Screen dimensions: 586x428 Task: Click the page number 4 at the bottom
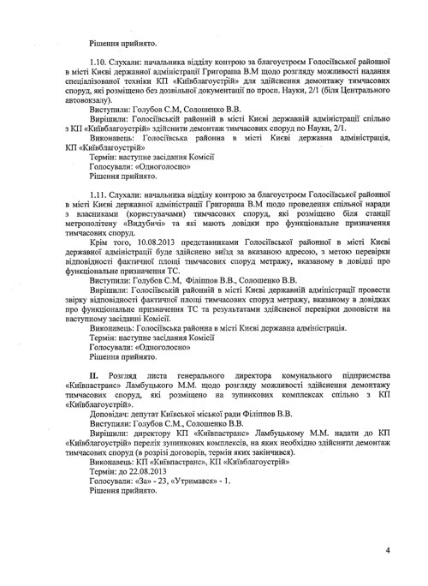387,550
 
